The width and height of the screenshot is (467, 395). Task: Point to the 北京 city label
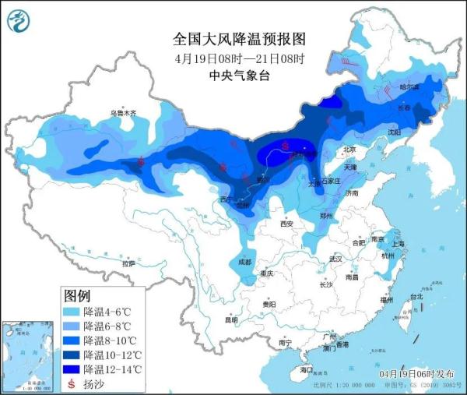click(349, 150)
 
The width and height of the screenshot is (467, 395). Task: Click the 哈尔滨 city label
click(409, 86)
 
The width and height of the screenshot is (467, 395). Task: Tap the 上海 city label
click(399, 243)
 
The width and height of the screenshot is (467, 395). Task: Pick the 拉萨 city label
click(128, 263)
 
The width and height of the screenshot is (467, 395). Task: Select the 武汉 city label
click(336, 258)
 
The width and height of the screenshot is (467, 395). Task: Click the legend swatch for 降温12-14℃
click(72, 369)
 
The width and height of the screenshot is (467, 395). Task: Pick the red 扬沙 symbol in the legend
click(72, 383)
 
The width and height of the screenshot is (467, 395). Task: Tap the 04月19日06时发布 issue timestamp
click(417, 374)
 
